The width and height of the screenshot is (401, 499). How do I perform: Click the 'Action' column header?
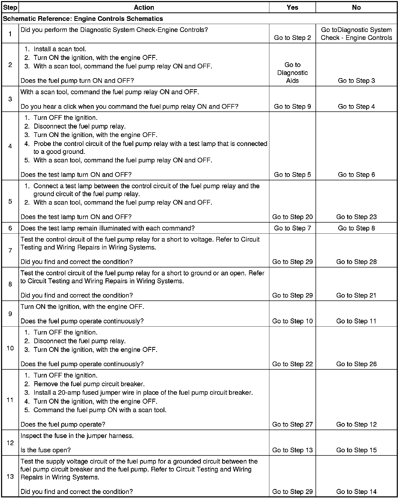144,7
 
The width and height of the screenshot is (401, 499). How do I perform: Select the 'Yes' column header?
292,7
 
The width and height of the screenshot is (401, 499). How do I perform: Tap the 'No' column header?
356,7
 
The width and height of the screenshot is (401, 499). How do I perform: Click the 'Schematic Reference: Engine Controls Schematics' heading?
83,19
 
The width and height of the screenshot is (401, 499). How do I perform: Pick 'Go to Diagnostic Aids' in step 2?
292,73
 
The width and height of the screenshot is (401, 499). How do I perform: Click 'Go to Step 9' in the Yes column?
292,106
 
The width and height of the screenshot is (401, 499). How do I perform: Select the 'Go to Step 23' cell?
356,217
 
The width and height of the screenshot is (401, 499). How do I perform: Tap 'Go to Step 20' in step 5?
292,217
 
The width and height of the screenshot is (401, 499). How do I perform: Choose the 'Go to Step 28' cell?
356,262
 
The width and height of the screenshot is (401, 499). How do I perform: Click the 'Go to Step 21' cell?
356,295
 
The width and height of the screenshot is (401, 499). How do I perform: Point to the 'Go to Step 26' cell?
356,364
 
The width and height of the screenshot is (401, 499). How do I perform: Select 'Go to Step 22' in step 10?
292,364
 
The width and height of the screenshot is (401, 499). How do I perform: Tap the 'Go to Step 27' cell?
292,424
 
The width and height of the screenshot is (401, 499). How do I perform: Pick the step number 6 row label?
10,228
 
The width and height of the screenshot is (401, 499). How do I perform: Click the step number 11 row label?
10,400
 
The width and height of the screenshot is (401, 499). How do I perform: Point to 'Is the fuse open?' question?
46,450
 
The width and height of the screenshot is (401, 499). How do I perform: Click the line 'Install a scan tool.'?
60,49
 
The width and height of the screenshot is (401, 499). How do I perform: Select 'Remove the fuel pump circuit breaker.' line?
89,384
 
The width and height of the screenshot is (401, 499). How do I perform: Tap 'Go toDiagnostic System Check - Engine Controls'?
356,34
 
